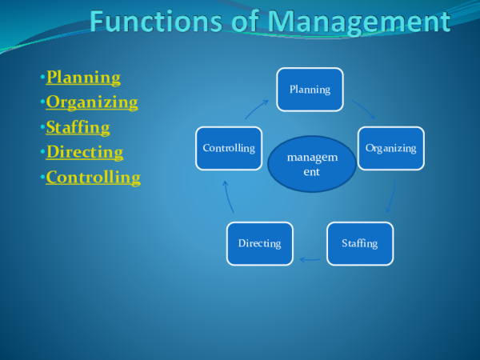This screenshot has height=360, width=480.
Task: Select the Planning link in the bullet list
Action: click(x=83, y=78)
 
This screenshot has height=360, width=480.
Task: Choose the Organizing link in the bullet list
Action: click(x=92, y=102)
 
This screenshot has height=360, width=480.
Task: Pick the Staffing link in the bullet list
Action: click(x=78, y=127)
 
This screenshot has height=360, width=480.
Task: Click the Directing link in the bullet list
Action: click(x=85, y=152)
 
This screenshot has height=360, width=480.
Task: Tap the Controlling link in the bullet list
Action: click(x=93, y=177)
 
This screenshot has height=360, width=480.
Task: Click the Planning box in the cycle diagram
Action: click(x=310, y=90)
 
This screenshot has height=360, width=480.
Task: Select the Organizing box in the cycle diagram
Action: click(x=390, y=148)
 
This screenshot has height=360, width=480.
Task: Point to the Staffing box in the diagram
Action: click(x=359, y=243)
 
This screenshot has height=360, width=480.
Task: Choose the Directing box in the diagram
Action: click(x=259, y=243)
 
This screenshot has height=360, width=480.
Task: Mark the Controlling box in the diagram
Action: click(x=229, y=148)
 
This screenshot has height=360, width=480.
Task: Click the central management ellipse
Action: click(x=312, y=164)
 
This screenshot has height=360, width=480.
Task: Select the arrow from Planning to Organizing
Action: click(x=362, y=109)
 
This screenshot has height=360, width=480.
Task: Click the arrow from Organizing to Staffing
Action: click(x=392, y=197)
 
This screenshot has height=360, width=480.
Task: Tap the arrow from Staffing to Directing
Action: click(x=310, y=259)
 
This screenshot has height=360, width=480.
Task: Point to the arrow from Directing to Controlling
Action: click(x=227, y=197)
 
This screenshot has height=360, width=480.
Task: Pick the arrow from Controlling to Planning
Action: click(x=257, y=109)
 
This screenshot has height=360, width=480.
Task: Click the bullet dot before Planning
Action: click(x=42, y=78)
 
